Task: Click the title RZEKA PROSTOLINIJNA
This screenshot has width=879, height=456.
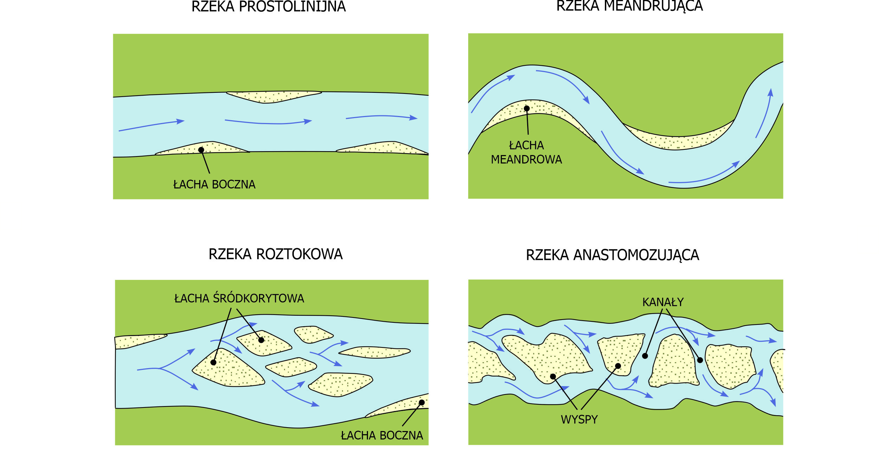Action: click(269, 7)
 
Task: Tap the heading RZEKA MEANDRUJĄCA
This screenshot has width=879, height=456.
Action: click(629, 6)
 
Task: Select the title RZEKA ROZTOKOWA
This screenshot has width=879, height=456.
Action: click(276, 254)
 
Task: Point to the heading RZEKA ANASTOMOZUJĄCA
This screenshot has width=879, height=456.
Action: click(613, 255)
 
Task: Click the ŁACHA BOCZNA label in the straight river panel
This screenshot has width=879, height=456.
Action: click(214, 185)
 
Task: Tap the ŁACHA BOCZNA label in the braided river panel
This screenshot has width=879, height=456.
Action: click(382, 436)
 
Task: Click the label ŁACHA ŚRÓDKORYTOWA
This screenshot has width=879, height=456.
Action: click(239, 298)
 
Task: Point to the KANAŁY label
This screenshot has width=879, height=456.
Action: click(663, 302)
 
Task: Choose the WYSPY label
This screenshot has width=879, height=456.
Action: click(579, 420)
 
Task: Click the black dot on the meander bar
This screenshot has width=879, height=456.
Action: click(526, 108)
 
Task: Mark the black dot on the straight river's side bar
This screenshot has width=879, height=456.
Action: click(201, 150)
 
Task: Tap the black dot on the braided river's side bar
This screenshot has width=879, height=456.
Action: click(422, 403)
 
